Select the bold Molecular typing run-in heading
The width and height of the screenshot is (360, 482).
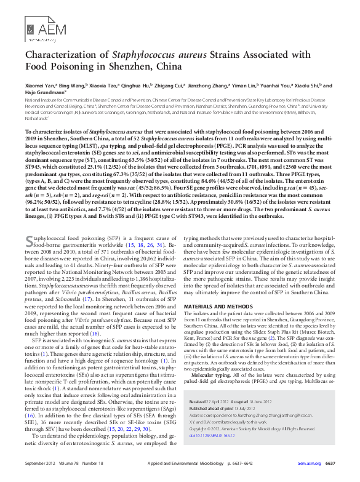tap(209, 374)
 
